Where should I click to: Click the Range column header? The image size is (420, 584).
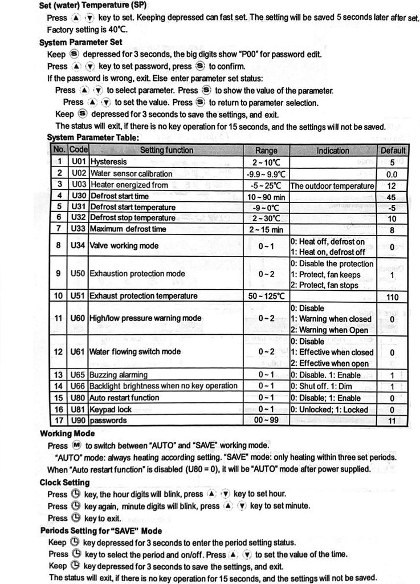(266, 151)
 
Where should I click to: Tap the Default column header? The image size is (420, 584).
(392, 151)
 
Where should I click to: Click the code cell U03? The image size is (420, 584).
(79, 185)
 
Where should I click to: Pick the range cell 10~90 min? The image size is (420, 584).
(266, 196)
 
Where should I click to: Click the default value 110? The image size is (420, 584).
(392, 297)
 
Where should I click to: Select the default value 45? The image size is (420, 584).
(392, 197)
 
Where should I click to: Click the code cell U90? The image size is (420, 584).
(79, 420)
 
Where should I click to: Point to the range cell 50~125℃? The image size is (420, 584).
(266, 296)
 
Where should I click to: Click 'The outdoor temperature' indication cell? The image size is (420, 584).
(332, 185)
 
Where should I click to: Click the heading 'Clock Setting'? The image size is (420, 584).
(64, 482)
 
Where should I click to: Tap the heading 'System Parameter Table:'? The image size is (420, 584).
(93, 137)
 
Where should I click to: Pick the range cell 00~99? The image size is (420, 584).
(266, 420)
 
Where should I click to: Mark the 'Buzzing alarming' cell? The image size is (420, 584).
(119, 375)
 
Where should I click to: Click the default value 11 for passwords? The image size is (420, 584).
(392, 421)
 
